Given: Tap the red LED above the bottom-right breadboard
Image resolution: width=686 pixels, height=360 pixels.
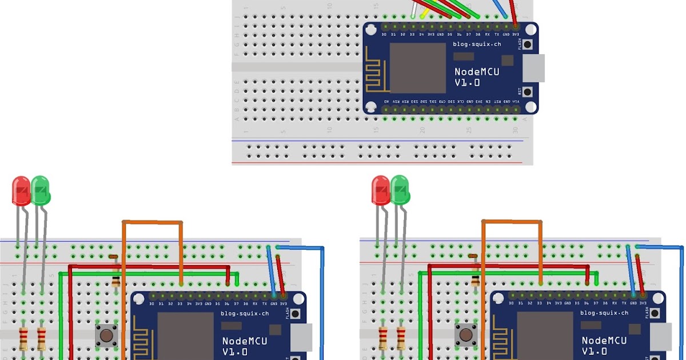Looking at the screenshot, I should pos(381,190).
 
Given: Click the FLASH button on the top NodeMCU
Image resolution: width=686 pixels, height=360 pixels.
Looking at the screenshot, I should pos(527,45).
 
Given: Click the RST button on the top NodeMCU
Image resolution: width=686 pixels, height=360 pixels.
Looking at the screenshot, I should pos(527,91).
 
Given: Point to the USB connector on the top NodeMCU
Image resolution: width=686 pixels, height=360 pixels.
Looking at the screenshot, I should pos(534,68).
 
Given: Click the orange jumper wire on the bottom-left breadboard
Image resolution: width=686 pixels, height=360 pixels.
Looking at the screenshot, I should pos(152,222).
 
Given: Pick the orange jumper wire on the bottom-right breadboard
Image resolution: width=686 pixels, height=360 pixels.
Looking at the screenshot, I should pos(512,221).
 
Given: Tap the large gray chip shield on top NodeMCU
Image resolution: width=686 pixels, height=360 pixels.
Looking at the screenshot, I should pos(417,67).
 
